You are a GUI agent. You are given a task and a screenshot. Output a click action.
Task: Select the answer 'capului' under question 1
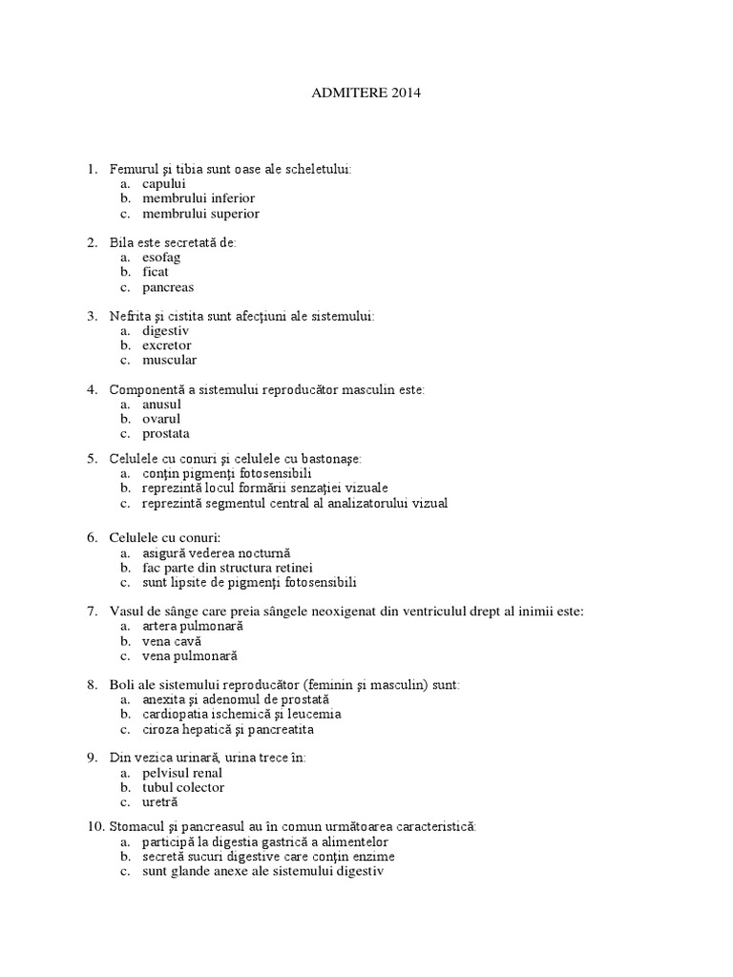click(x=164, y=183)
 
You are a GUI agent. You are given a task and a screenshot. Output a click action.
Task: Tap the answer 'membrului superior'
click(x=200, y=213)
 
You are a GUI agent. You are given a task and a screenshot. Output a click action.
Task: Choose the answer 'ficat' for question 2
click(x=156, y=272)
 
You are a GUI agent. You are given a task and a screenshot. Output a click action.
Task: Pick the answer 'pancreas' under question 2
click(x=168, y=286)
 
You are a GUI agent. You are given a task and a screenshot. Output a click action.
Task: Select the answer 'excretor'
click(x=167, y=345)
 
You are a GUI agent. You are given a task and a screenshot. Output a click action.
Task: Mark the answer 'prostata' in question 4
click(x=166, y=433)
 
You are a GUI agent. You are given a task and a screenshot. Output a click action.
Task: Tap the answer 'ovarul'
click(x=161, y=418)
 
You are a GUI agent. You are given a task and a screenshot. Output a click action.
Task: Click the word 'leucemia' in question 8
click(x=312, y=714)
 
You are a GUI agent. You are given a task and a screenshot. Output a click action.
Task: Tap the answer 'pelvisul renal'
click(x=182, y=773)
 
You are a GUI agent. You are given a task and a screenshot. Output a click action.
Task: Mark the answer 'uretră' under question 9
click(x=160, y=802)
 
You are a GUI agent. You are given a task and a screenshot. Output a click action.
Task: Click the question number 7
click(x=91, y=611)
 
